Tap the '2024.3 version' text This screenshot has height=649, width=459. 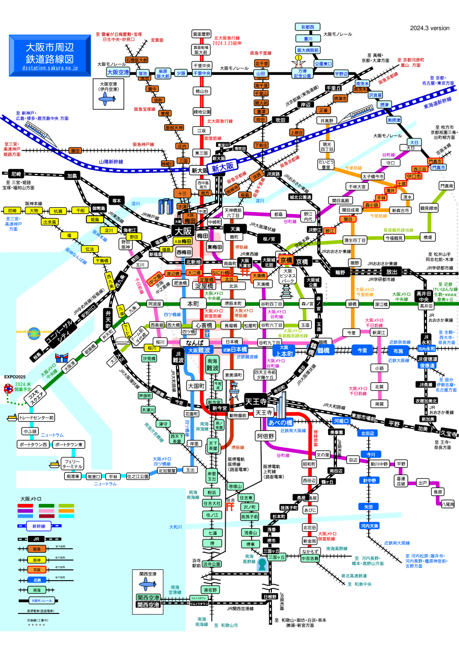(x=430, y=28)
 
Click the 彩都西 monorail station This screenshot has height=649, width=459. (x=307, y=26)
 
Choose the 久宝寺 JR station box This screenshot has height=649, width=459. (x=448, y=434)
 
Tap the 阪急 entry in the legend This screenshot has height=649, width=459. (x=37, y=549)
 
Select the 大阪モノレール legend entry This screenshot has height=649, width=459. (x=37, y=600)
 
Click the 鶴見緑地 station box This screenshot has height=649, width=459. (x=429, y=208)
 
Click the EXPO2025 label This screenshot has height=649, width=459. (x=15, y=377)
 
